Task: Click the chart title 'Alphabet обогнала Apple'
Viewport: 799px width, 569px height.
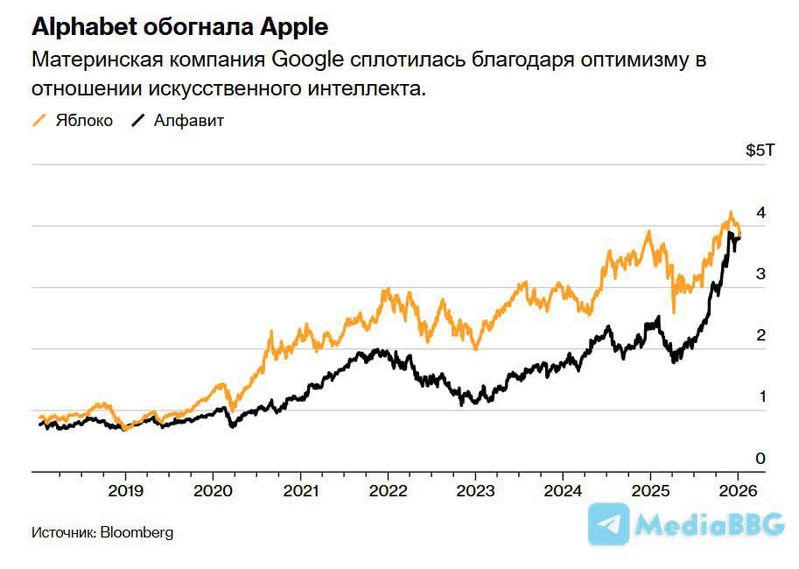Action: tap(180, 26)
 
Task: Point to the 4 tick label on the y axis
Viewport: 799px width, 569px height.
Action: tap(761, 213)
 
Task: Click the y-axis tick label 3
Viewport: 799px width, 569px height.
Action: tap(761, 274)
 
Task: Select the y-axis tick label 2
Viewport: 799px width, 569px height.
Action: tap(761, 335)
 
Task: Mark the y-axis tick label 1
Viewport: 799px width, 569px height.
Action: tap(761, 397)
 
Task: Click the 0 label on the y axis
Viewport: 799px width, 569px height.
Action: tap(761, 459)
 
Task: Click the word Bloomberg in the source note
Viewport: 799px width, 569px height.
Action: tap(137, 532)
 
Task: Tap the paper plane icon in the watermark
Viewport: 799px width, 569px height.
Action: tap(609, 524)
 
